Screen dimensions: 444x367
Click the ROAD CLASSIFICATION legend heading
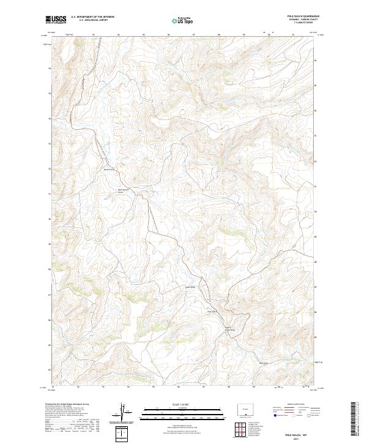pyautogui.click(x=292, y=404)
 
